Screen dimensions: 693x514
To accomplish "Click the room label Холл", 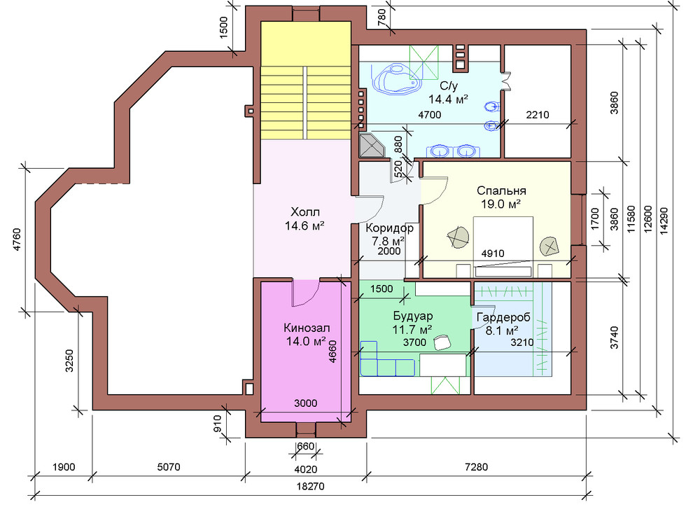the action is click(x=305, y=211).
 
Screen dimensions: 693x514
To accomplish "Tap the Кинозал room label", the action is click(x=307, y=328).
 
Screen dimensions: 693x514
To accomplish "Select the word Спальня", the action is click(x=501, y=191).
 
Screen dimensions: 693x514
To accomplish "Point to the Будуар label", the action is click(x=413, y=316).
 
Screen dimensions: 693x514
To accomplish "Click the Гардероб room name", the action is click(x=503, y=318).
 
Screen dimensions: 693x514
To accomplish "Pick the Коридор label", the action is click(x=389, y=228).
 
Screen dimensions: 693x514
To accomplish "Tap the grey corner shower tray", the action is click(x=372, y=146).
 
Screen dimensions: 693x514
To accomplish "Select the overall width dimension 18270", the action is click(x=310, y=486).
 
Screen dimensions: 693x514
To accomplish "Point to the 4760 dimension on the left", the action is click(x=17, y=239).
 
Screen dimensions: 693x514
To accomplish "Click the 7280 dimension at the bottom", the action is click(x=477, y=466).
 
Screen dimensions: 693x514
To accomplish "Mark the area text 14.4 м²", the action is click(x=448, y=99).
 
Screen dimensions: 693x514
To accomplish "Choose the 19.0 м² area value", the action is click(x=500, y=204).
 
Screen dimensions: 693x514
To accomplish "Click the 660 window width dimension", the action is click(x=305, y=446).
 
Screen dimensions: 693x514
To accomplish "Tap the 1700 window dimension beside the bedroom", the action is click(x=595, y=218).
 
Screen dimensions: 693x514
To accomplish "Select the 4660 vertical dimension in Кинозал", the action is click(x=332, y=352).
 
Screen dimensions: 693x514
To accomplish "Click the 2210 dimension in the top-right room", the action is click(x=538, y=115).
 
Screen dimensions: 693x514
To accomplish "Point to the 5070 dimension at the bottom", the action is click(x=169, y=466).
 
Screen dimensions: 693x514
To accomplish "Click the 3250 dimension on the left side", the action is click(x=69, y=361).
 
